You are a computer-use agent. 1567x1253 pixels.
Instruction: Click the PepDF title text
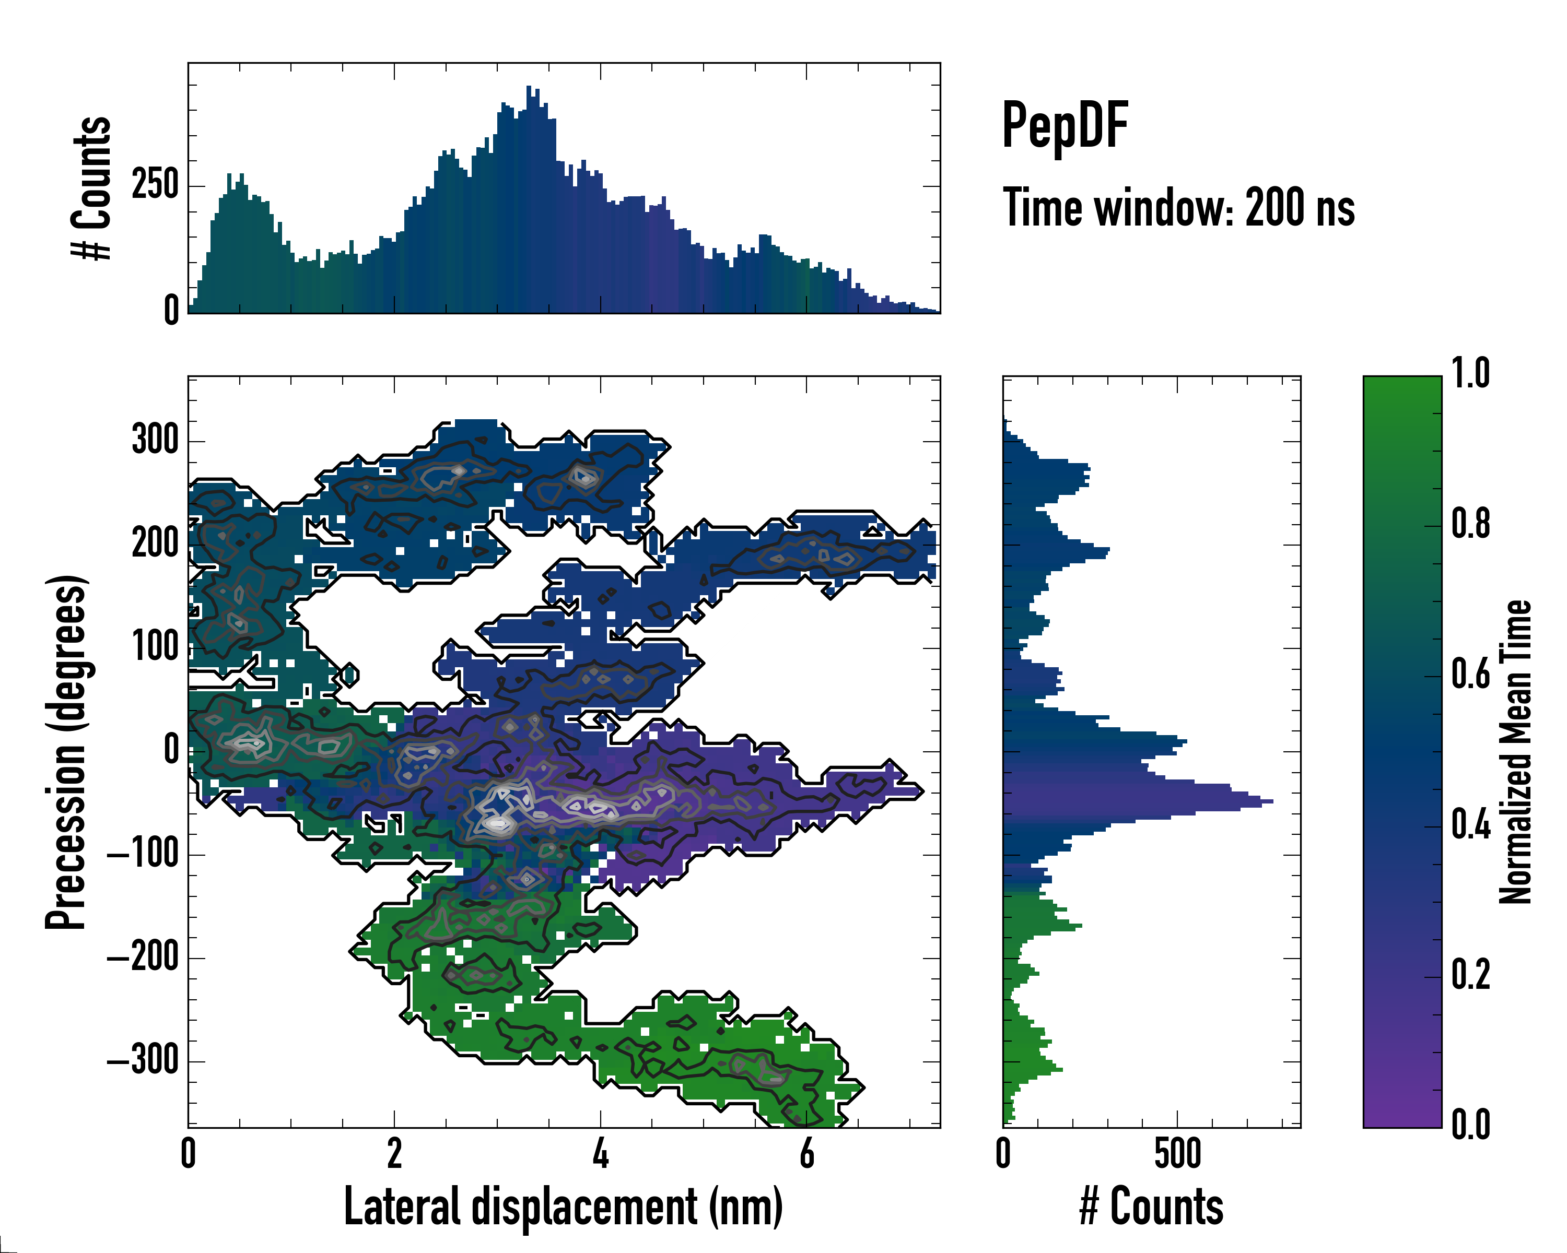pyautogui.click(x=1065, y=126)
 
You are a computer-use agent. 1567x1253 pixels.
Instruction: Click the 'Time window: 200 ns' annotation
pyautogui.click(x=1178, y=208)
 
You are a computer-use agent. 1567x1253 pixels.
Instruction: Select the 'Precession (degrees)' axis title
pyautogui.click(x=66, y=752)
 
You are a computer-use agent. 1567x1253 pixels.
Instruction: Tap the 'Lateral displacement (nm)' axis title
pyautogui.click(x=563, y=1207)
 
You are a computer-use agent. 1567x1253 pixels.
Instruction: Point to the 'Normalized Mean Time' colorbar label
pyautogui.click(x=1515, y=752)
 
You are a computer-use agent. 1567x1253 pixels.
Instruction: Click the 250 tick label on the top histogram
pyautogui.click(x=155, y=185)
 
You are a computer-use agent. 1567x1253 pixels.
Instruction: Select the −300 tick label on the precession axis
pyautogui.click(x=143, y=1061)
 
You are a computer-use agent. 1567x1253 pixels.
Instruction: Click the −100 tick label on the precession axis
pyautogui.click(x=143, y=855)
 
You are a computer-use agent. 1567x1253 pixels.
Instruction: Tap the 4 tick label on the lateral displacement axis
pyautogui.click(x=600, y=1154)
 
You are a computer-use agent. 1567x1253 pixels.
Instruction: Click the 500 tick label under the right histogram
pyautogui.click(x=1177, y=1154)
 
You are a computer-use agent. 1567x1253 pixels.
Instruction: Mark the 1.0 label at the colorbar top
pyautogui.click(x=1470, y=374)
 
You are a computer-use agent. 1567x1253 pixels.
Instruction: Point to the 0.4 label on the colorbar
pyautogui.click(x=1470, y=826)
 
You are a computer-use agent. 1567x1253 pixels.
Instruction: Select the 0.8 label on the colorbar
pyautogui.click(x=1470, y=525)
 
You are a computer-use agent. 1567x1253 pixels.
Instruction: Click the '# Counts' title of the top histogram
pyautogui.click(x=92, y=187)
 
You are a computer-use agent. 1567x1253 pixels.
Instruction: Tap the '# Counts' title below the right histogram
pyautogui.click(x=1151, y=1207)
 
